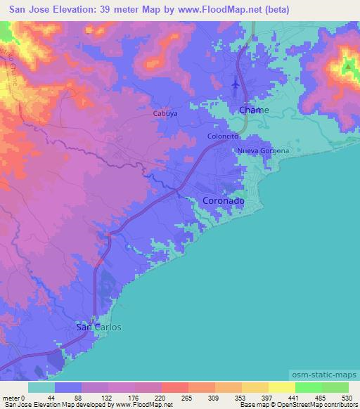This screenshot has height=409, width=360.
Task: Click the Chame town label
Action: pyautogui.click(x=254, y=110)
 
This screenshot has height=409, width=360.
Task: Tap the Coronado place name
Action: pyautogui.click(x=224, y=201)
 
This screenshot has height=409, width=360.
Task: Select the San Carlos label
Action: pyautogui.click(x=98, y=327)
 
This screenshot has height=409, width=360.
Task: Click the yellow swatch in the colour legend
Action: pyautogui.click(x=282, y=387)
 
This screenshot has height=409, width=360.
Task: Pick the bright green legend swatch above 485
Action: pyautogui.click(x=309, y=387)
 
